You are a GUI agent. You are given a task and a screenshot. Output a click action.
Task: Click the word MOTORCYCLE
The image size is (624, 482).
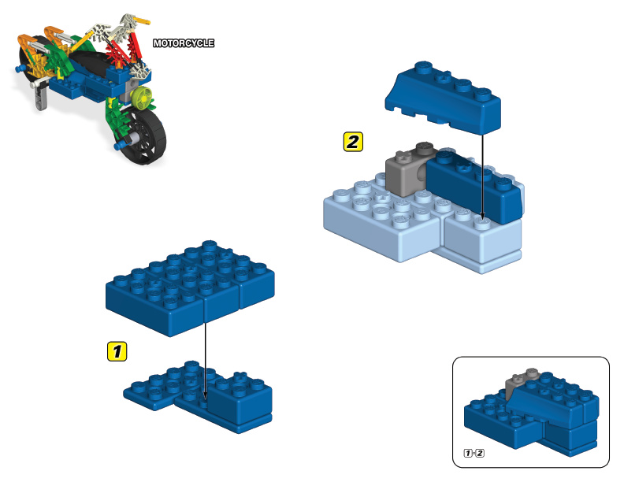(183, 43)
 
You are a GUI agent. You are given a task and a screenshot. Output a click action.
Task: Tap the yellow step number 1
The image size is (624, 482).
(117, 351)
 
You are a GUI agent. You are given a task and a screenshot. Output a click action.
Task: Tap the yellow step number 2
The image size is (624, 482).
(353, 142)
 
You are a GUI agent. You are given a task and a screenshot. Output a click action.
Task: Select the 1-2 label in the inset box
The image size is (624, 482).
(474, 453)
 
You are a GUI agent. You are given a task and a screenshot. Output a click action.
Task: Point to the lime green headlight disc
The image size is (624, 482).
(142, 98)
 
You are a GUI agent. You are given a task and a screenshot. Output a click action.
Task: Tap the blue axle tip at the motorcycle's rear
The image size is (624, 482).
(17, 70)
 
